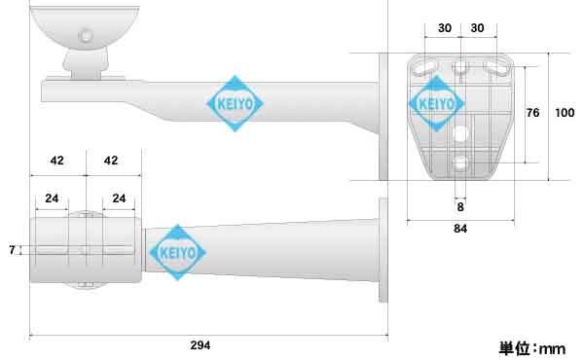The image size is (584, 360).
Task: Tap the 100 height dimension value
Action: coord(564,113)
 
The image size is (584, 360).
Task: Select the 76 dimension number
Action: coord(532,113)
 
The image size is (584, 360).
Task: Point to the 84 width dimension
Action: coord(459,230)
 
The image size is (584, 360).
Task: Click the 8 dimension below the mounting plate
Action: coord(459,207)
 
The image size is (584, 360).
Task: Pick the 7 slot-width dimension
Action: coord(12,250)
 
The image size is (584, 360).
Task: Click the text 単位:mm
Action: coord(531,347)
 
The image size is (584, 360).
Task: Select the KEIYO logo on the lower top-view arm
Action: coord(175,252)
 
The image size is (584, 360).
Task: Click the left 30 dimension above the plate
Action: coord(444,28)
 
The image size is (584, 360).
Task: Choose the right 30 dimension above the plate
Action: coord(477,28)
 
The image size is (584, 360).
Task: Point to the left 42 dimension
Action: coord(56,160)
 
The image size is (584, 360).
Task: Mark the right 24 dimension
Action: coord(119,198)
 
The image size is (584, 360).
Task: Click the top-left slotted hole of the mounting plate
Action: coord(425,66)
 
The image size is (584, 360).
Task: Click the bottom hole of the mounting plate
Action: coord(460,162)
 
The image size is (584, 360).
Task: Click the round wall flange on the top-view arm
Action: coord(384,252)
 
